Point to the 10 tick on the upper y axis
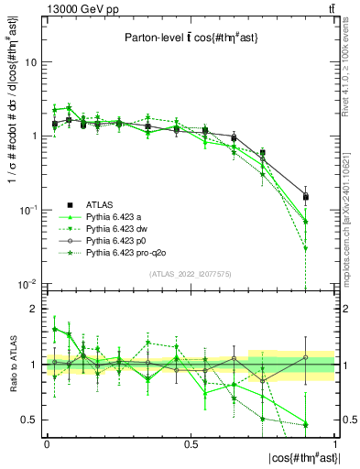pyautogui.click(x=32, y=62)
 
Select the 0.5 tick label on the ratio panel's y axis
pyautogui.click(x=32, y=420)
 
